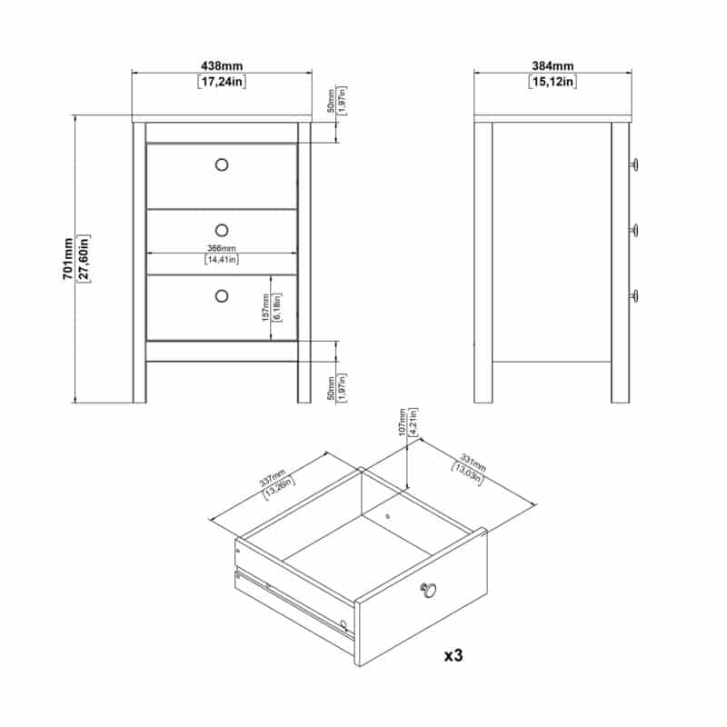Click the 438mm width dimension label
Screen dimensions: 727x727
click(222, 66)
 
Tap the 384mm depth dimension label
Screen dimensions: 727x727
click(553, 66)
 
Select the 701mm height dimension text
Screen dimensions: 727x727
click(68, 259)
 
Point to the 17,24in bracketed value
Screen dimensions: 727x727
click(222, 82)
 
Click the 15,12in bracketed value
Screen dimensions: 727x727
click(553, 82)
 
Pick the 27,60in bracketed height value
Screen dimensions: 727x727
click(84, 259)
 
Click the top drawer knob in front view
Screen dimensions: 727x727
click(222, 164)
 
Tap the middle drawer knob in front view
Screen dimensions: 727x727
click(222, 230)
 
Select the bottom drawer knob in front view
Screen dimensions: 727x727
click(222, 296)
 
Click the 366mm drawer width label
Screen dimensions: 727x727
click(222, 248)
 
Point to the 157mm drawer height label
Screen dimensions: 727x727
click(265, 307)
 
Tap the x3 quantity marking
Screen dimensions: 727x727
click(453, 655)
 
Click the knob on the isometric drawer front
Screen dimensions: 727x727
click(428, 590)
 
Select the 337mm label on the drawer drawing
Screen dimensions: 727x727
click(273, 478)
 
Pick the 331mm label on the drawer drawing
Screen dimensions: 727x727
click(473, 463)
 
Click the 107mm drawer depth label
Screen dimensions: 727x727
click(403, 422)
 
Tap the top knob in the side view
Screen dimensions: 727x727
click(633, 164)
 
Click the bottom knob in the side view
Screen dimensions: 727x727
click(633, 295)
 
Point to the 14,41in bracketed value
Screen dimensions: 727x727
click(222, 259)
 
